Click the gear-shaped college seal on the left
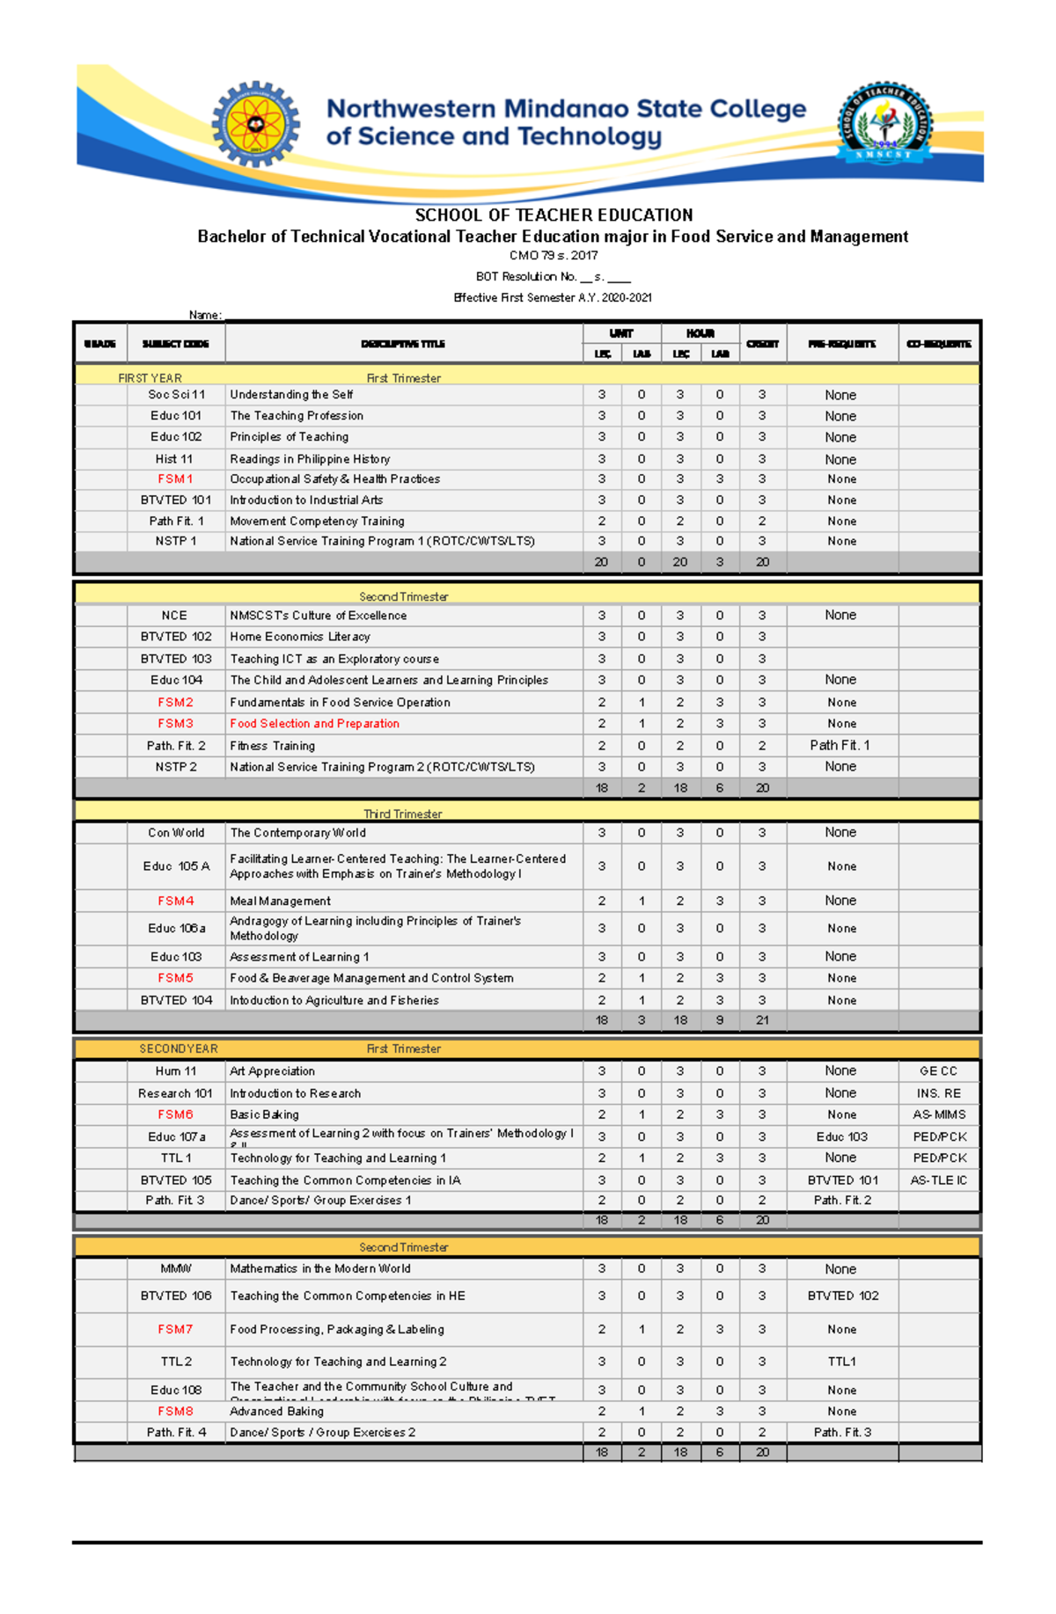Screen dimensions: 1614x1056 click(255, 124)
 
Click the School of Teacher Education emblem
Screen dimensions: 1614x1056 click(884, 122)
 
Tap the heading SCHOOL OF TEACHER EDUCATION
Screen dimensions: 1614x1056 click(554, 215)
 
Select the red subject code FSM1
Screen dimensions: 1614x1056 click(175, 479)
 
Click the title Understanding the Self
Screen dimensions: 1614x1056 click(291, 395)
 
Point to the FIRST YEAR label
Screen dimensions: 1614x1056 click(150, 378)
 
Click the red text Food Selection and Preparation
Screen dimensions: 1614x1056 click(314, 724)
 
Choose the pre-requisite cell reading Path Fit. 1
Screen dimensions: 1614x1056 click(840, 745)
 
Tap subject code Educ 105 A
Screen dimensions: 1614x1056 click(176, 866)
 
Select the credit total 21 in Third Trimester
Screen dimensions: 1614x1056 click(762, 1020)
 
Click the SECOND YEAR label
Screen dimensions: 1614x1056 click(179, 1049)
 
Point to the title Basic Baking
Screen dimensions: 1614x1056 click(264, 1114)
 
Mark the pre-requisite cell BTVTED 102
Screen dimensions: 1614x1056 click(842, 1296)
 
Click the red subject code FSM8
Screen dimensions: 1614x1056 click(175, 1411)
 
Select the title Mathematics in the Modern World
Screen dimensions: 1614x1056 click(320, 1268)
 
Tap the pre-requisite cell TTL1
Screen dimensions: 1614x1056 click(841, 1362)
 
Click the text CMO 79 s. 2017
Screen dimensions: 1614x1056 click(554, 256)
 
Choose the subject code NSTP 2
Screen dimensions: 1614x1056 click(176, 767)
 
